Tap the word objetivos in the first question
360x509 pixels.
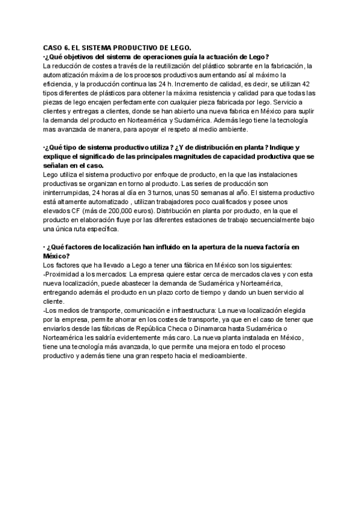point(76,56)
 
